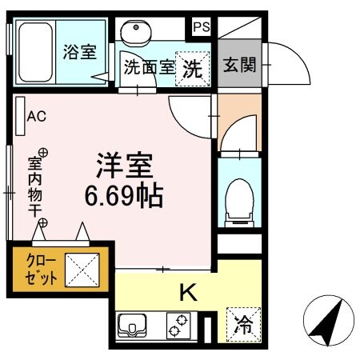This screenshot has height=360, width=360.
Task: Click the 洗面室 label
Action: (x=148, y=69)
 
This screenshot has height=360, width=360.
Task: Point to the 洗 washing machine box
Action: (x=193, y=67)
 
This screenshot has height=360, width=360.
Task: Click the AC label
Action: (x=38, y=117)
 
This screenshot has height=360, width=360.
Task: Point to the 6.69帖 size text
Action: (x=124, y=195)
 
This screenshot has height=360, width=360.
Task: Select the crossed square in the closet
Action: (x=82, y=270)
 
